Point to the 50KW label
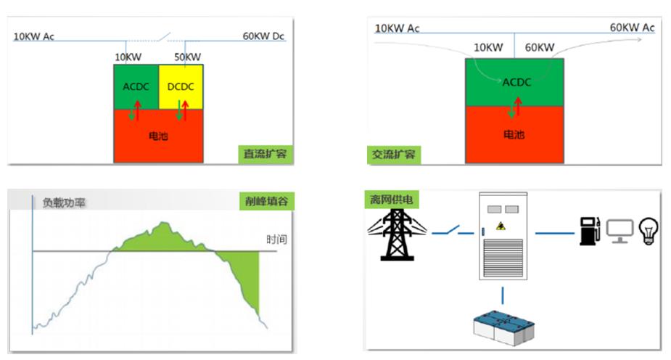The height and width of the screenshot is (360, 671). coord(188,57)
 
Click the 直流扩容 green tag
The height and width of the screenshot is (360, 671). coord(265,155)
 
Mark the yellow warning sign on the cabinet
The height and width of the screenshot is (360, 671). coord(501,226)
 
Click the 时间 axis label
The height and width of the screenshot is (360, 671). coord(276,239)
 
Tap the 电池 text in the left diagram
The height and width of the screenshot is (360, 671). coord(158,135)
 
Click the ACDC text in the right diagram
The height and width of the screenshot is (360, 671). coord(516,82)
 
